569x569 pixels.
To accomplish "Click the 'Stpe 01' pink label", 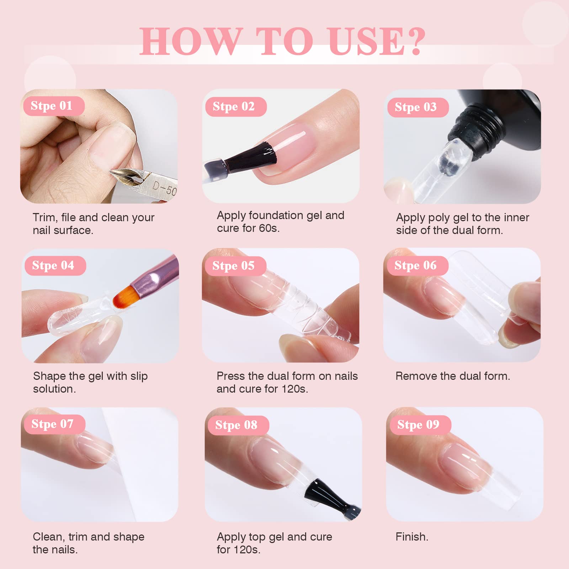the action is click(54, 106).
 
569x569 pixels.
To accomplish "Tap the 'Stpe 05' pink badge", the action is click(235, 266).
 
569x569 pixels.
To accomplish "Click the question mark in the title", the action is click(415, 42).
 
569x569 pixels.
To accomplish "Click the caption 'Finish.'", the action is click(412, 537).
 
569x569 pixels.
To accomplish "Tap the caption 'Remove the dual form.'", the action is click(453, 376).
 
